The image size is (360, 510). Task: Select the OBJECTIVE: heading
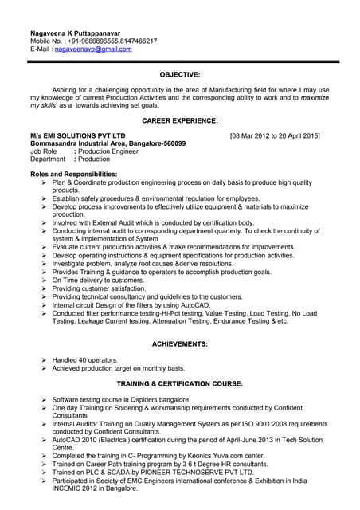pyautogui.click(x=180, y=74)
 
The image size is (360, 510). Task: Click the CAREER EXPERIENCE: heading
pyautogui.click(x=180, y=120)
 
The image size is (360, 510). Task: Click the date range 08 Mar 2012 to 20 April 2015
pyautogui.click(x=274, y=135)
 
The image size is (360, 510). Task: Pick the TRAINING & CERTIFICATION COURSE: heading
pyautogui.click(x=180, y=383)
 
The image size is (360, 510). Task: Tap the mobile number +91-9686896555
pyautogui.click(x=100, y=41)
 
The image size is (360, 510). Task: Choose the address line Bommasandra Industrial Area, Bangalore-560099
pyautogui.click(x=108, y=143)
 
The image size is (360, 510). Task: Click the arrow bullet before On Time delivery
pyautogui.click(x=45, y=280)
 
